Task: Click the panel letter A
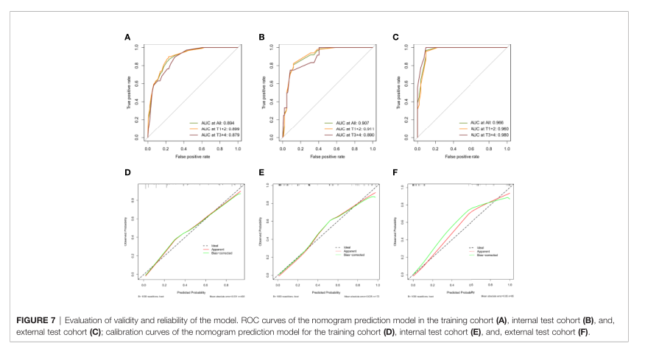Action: [x=128, y=36]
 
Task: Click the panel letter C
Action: [x=395, y=36]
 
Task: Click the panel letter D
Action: [x=128, y=174]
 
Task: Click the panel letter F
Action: [x=395, y=174]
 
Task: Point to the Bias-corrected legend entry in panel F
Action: [x=490, y=256]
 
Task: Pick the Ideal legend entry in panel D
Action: [x=216, y=247]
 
